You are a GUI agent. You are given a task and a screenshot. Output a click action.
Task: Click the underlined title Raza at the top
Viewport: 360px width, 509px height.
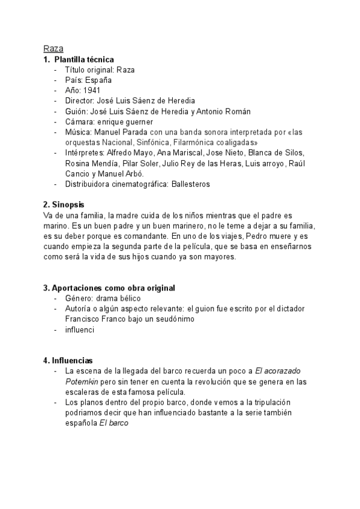[x=53, y=49]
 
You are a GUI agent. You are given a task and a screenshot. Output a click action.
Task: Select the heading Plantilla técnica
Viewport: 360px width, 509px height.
[x=83, y=59]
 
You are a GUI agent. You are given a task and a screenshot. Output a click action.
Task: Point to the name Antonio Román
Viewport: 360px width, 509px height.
[x=229, y=111]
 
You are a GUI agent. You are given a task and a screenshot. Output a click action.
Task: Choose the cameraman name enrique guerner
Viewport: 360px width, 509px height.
[x=124, y=121]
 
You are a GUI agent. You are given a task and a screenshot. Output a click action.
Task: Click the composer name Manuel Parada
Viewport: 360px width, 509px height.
[x=118, y=131]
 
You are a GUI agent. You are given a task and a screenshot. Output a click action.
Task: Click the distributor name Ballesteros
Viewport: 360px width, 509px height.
[x=187, y=184]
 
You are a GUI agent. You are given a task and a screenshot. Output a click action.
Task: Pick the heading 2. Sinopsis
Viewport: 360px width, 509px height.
[x=65, y=205]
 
